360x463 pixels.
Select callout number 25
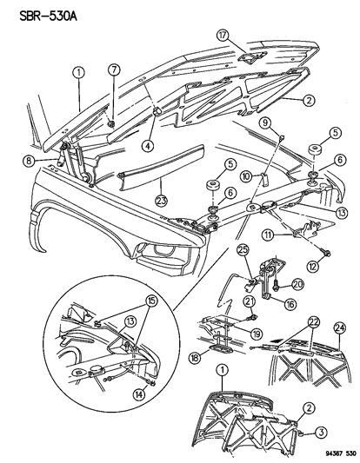[244, 251]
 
